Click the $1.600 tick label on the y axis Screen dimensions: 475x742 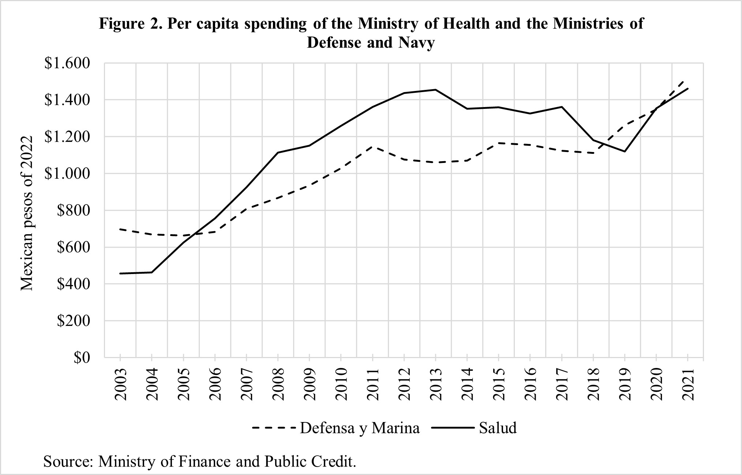[x=67, y=63]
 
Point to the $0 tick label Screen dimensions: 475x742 [x=81, y=358]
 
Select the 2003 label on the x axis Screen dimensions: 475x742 [x=120, y=385]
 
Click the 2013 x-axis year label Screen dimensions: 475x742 [x=436, y=385]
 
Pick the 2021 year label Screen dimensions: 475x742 [x=688, y=385]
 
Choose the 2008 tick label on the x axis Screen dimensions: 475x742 [x=278, y=385]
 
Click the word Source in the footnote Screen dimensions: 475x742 [x=68, y=461]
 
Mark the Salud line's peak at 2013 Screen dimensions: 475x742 [x=436, y=90]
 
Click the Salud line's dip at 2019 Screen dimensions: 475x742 [x=625, y=151]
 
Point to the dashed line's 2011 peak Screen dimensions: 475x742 [x=372, y=147]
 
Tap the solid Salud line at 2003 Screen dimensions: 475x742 [x=120, y=273]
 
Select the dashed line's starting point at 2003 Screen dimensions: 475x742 [x=120, y=229]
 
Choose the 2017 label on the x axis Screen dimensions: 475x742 [x=562, y=385]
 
